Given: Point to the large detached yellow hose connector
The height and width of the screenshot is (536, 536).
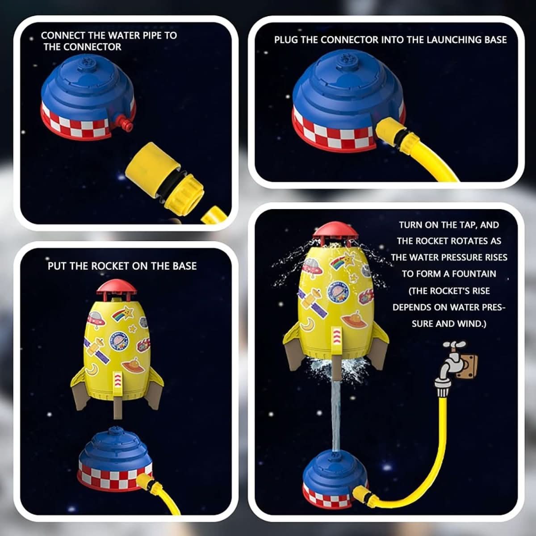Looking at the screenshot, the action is point(165,177).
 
